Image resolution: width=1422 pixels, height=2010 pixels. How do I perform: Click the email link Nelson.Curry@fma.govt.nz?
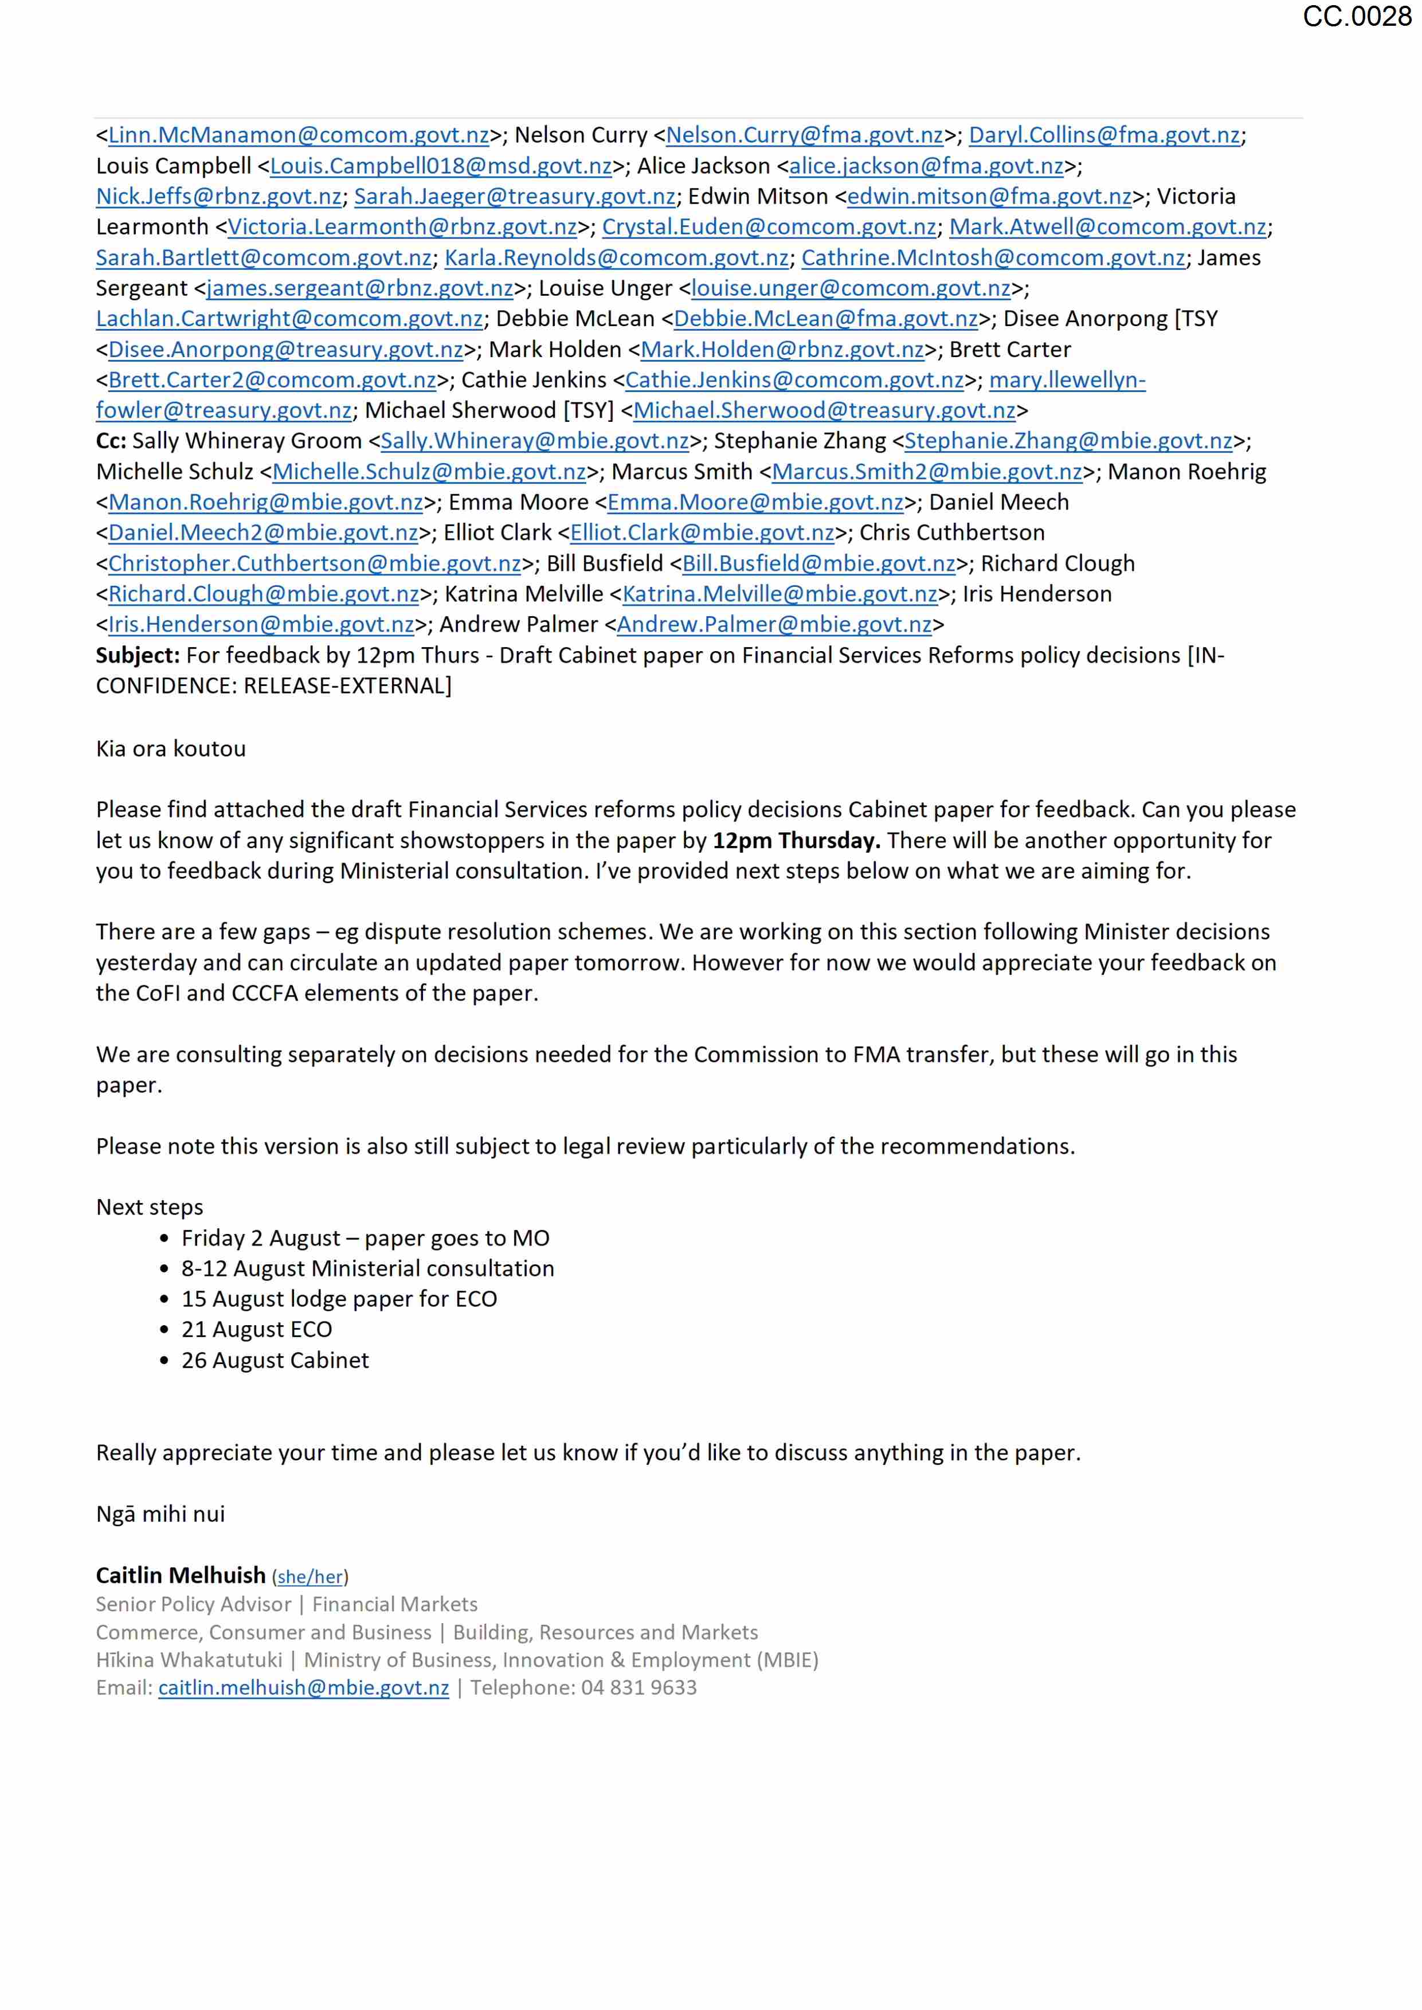pyautogui.click(x=804, y=136)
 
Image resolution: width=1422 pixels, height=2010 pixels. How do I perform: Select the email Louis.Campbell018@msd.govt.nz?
pyautogui.click(x=440, y=166)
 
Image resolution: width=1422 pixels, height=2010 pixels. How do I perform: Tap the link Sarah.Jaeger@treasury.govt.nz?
pyautogui.click(x=514, y=197)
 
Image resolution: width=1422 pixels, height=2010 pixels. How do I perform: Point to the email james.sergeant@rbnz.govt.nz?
pyautogui.click(x=360, y=289)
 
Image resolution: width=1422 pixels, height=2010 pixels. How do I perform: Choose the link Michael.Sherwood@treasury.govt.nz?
pyautogui.click(x=824, y=410)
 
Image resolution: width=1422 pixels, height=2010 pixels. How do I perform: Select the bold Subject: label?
pyautogui.click(x=138, y=656)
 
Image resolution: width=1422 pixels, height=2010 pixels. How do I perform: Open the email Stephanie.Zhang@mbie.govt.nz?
pyautogui.click(x=1068, y=441)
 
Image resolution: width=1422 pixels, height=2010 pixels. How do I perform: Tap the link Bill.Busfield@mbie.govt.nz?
pyautogui.click(x=818, y=564)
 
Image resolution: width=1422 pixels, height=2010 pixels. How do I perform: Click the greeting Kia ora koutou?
pyautogui.click(x=171, y=749)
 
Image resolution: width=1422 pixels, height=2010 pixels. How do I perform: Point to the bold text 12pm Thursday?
pyautogui.click(x=796, y=841)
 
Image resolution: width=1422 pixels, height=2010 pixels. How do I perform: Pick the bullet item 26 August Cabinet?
pyautogui.click(x=275, y=1361)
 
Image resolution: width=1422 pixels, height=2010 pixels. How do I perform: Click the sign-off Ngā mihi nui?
pyautogui.click(x=160, y=1514)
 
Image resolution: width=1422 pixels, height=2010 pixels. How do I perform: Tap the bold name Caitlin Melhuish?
pyautogui.click(x=181, y=1576)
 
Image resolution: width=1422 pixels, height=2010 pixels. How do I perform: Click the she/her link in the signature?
pyautogui.click(x=310, y=1577)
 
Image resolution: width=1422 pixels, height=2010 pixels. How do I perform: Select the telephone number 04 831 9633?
pyautogui.click(x=638, y=1688)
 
